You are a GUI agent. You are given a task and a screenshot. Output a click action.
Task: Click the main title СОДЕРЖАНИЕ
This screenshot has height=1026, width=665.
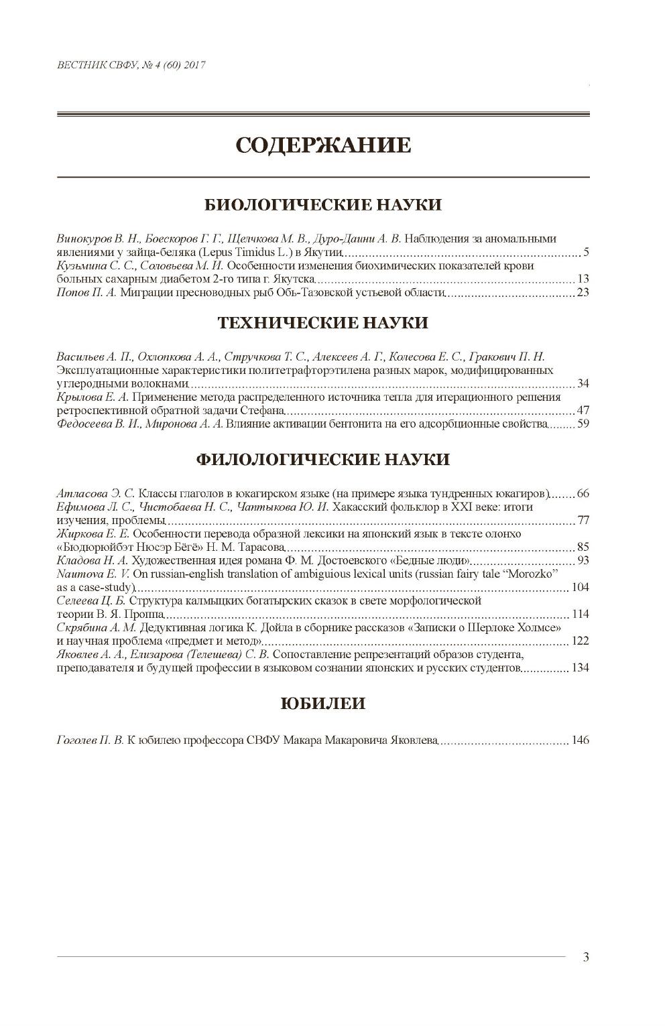tap(323, 145)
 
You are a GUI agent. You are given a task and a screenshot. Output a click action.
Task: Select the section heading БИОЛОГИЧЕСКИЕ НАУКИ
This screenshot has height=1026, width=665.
tap(323, 204)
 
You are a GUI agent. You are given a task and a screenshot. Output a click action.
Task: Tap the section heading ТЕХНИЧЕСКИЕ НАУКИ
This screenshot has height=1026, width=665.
tap(323, 323)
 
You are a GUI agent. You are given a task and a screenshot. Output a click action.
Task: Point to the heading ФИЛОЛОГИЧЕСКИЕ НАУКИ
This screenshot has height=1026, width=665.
tap(323, 460)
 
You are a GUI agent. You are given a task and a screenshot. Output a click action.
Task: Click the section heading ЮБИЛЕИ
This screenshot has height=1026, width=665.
tap(323, 704)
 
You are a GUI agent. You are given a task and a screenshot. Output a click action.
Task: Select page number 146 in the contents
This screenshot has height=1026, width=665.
tap(580, 741)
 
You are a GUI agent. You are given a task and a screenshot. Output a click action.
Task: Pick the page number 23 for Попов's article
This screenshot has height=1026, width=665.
tap(583, 292)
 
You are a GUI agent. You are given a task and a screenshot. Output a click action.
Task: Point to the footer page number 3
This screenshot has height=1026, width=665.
tap(586, 958)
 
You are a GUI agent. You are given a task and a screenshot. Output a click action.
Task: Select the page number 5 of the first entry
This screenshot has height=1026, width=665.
tap(585, 253)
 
